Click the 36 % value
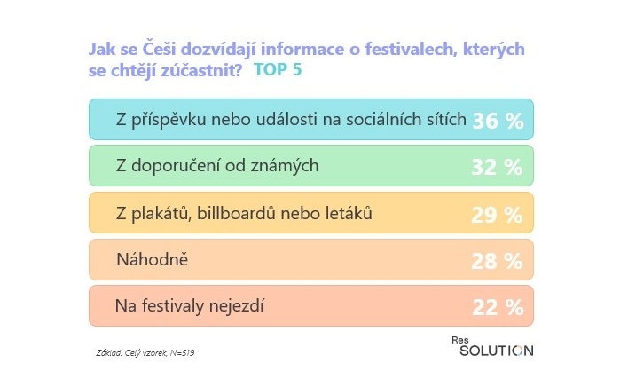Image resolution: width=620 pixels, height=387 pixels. click(x=498, y=122)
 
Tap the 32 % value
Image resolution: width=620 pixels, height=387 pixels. click(x=498, y=168)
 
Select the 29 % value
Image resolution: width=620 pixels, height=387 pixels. click(x=498, y=215)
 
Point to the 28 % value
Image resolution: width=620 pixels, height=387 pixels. click(x=498, y=261)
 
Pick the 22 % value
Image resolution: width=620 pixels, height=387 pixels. click(x=498, y=307)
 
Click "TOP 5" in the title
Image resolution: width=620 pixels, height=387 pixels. click(x=278, y=70)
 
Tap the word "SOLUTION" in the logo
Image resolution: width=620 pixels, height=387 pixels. click(x=497, y=350)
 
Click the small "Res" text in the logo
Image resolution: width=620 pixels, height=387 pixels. click(x=459, y=338)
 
